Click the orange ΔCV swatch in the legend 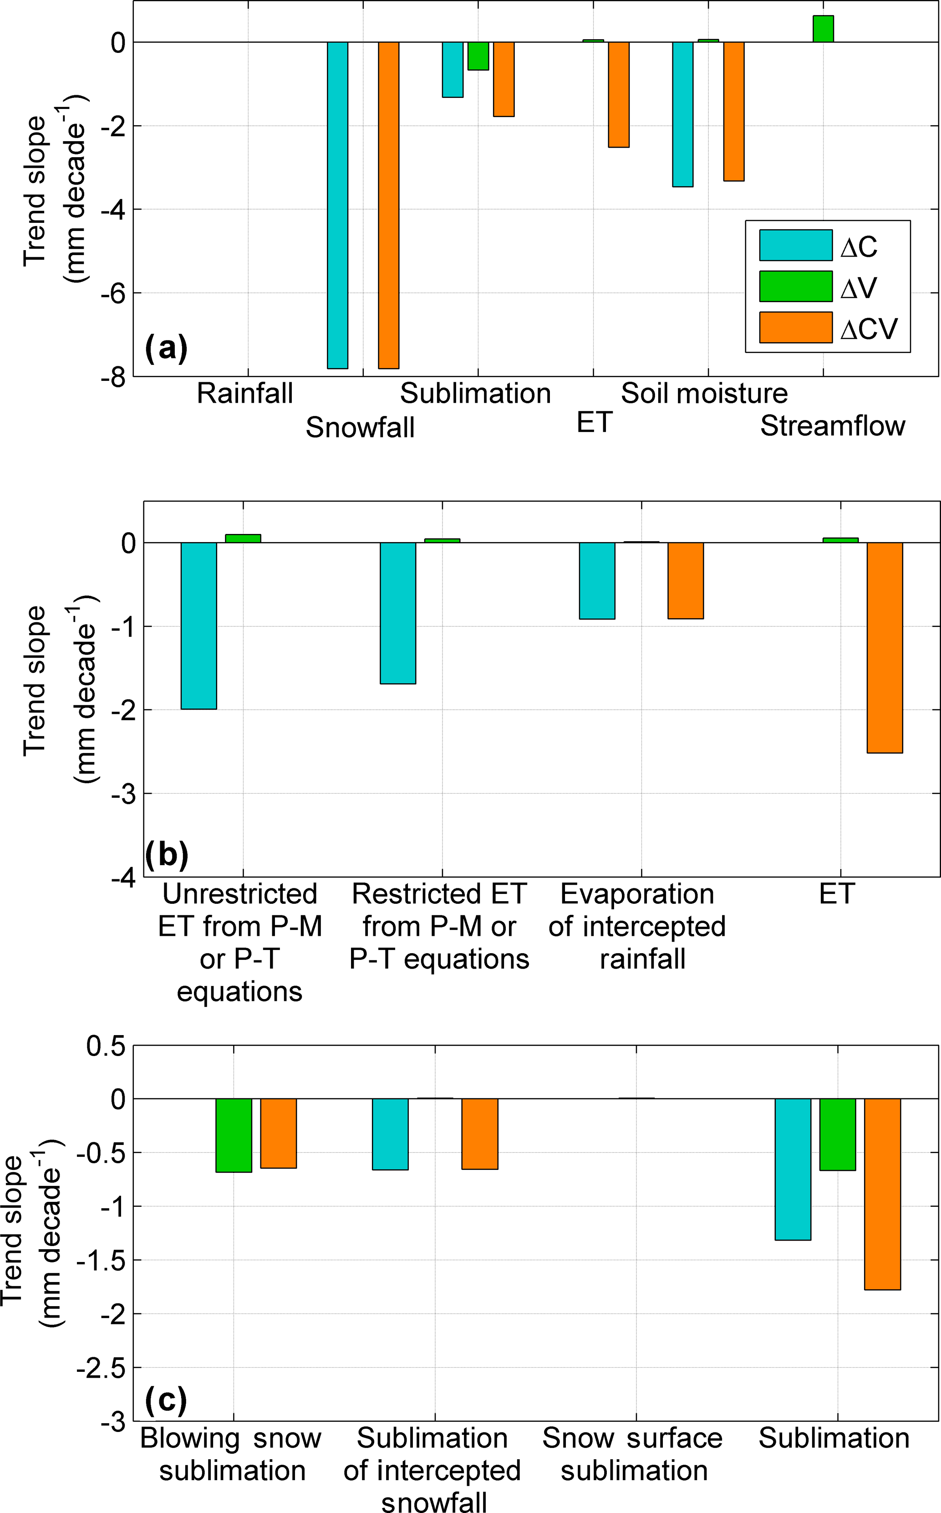coord(795,327)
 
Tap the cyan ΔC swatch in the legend coord(795,245)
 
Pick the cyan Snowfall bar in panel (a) coord(338,205)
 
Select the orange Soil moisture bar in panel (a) coord(734,112)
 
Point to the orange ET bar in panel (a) coord(619,95)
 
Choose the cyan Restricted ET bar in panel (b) coord(398,613)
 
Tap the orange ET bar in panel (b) coord(885,647)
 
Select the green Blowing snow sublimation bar coord(234,1134)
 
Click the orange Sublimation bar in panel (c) coord(882,1194)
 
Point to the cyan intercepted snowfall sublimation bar coord(390,1134)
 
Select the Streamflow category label coord(832,426)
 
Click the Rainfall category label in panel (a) coord(244,394)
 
